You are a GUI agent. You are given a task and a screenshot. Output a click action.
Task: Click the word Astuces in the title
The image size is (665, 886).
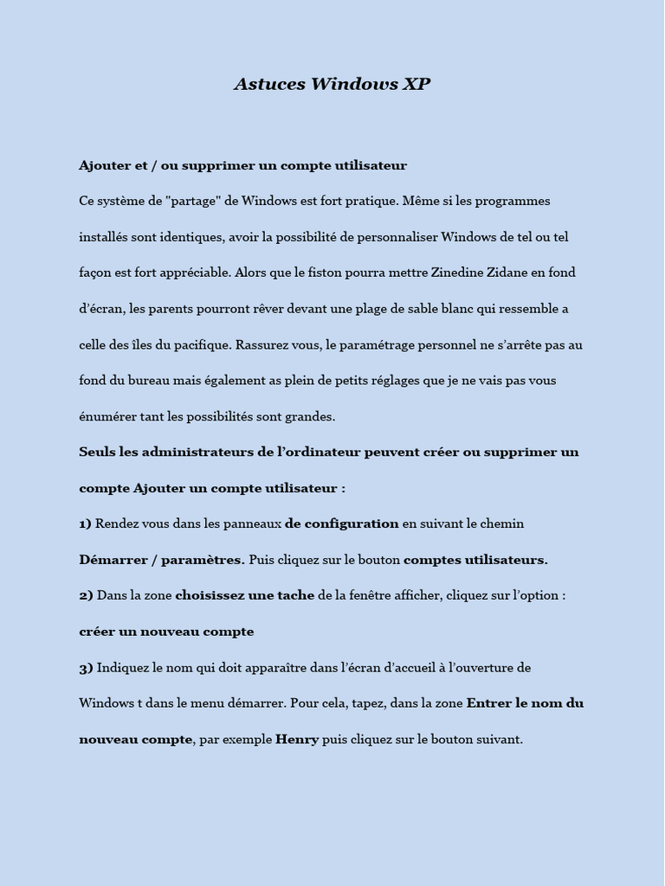tap(269, 84)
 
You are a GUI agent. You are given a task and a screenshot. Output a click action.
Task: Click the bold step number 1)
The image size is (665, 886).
tap(85, 523)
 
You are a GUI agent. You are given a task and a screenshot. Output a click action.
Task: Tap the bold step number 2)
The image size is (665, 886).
tap(86, 595)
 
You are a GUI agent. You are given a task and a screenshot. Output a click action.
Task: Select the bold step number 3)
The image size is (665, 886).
tap(86, 667)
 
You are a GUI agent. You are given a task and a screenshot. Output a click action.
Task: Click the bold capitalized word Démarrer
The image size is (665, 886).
tap(113, 560)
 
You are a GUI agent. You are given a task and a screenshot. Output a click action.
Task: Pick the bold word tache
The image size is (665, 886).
tap(297, 595)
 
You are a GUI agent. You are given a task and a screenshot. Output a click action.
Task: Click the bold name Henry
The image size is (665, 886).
tap(297, 740)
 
